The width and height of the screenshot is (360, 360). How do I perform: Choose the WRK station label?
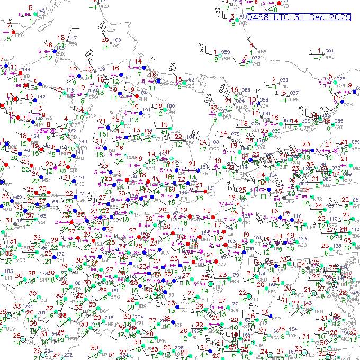[x=294, y=100]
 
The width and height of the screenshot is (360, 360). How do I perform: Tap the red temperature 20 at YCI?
[x=105, y=40]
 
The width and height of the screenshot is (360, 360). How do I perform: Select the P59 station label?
[x=73, y=44]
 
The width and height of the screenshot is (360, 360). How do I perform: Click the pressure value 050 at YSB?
[x=226, y=52]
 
